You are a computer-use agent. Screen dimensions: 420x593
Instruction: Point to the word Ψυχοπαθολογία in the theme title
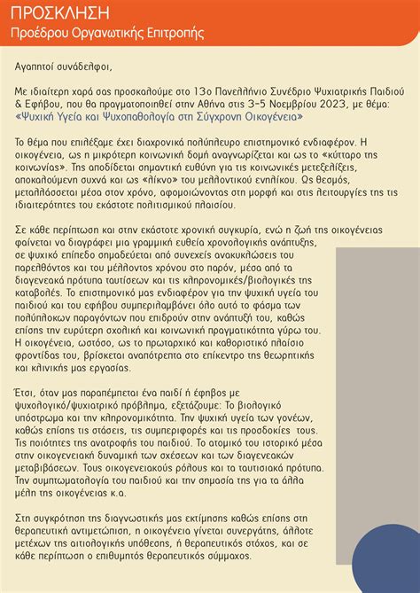click(x=145, y=115)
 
